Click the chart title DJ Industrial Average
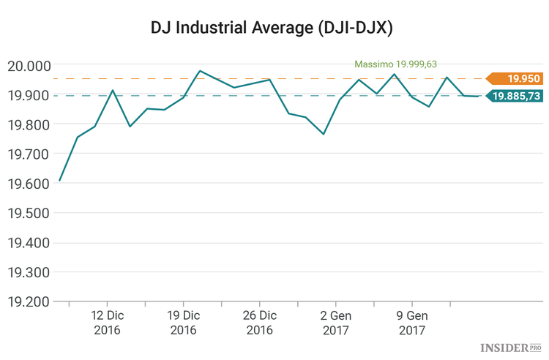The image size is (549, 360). pyautogui.click(x=274, y=27)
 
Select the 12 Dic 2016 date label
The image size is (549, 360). pyautogui.click(x=107, y=323)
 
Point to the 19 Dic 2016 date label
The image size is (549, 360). pyautogui.click(x=183, y=323)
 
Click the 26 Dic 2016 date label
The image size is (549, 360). pyautogui.click(x=259, y=323)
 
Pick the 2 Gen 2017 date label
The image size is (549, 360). pyautogui.click(x=335, y=323)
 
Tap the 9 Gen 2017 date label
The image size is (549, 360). pyautogui.click(x=411, y=323)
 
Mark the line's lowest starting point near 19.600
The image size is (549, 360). pyautogui.click(x=60, y=180)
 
